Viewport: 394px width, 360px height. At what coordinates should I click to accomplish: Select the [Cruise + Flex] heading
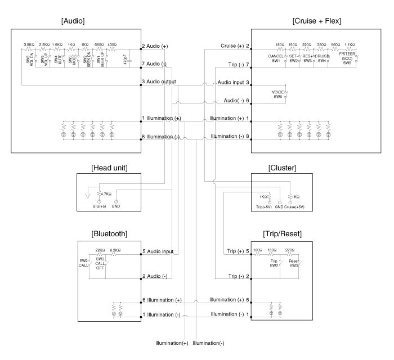[318, 21]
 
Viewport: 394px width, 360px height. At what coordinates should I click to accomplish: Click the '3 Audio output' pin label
[159, 82]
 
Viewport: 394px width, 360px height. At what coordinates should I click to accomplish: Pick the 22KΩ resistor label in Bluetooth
[100, 249]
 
